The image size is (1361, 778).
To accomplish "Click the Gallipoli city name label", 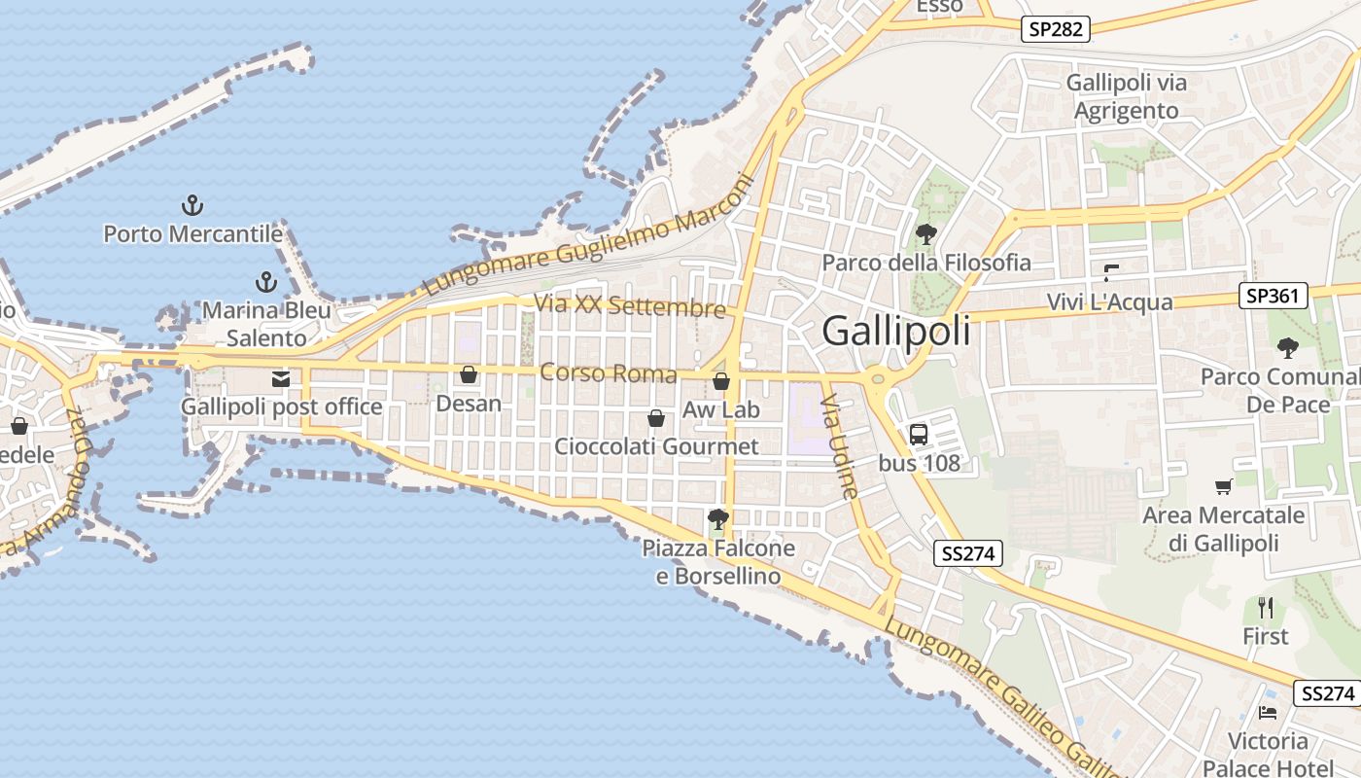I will [x=895, y=332].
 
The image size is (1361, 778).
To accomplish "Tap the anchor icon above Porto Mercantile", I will [x=192, y=205].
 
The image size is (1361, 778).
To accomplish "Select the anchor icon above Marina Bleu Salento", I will [x=265, y=283].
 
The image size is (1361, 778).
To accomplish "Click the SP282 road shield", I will [x=1056, y=29].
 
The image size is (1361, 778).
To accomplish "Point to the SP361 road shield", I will [x=1273, y=296].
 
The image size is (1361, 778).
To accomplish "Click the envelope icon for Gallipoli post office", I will [x=281, y=378].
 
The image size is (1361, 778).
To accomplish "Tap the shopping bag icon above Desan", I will [x=469, y=374].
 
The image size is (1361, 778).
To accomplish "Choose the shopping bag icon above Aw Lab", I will [x=721, y=381].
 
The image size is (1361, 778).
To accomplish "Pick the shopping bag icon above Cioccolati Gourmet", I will [x=656, y=418].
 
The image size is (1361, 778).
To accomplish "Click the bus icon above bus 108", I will [x=919, y=434].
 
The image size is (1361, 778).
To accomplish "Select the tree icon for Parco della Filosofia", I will [x=925, y=233].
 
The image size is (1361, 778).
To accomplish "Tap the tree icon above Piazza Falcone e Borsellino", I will [x=718, y=519].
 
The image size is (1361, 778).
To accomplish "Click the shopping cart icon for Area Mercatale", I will [x=1223, y=486].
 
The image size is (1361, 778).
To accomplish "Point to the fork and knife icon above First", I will [x=1265, y=608].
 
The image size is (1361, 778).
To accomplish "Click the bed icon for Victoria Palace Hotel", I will [x=1268, y=712].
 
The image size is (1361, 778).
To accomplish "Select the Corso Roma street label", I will [x=608, y=373].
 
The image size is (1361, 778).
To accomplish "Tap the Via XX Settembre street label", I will [x=630, y=305].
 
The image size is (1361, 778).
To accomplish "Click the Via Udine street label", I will [x=841, y=446].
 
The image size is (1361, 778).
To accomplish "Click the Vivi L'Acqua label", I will [x=1109, y=302].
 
